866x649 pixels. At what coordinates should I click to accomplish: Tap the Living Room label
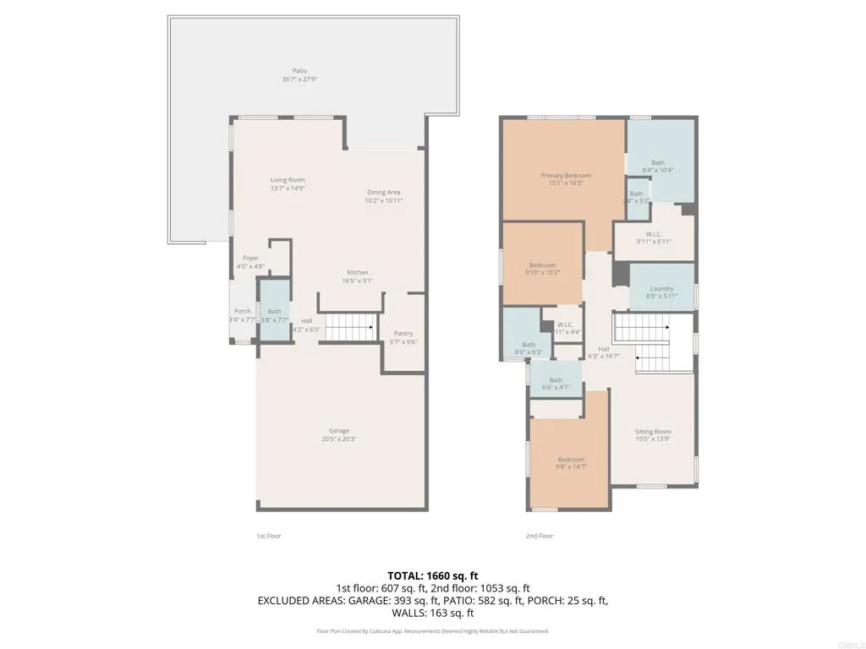point(288,180)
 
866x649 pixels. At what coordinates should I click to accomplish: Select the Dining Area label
point(383,192)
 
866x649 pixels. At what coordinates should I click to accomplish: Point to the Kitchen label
point(357,272)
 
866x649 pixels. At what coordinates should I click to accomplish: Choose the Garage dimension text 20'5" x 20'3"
point(339,439)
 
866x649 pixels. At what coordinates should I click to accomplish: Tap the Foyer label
point(251,258)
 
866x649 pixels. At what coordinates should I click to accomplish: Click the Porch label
point(242,311)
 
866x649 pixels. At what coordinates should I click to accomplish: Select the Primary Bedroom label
point(566,176)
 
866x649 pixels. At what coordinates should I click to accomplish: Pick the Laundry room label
point(662,289)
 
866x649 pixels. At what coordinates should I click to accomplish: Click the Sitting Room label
point(653,432)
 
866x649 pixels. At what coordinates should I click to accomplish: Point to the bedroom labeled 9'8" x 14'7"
point(571,460)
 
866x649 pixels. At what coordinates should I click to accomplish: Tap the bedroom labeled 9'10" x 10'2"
point(542,265)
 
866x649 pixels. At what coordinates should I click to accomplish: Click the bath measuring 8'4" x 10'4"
point(658,163)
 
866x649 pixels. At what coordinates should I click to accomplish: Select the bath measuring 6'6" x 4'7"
point(556,380)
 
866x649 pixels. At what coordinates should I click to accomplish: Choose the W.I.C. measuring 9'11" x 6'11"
point(653,234)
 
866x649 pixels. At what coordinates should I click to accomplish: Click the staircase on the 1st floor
point(351,326)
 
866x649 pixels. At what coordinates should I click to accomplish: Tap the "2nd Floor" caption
point(540,536)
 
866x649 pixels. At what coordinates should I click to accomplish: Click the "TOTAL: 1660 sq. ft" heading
point(433,575)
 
